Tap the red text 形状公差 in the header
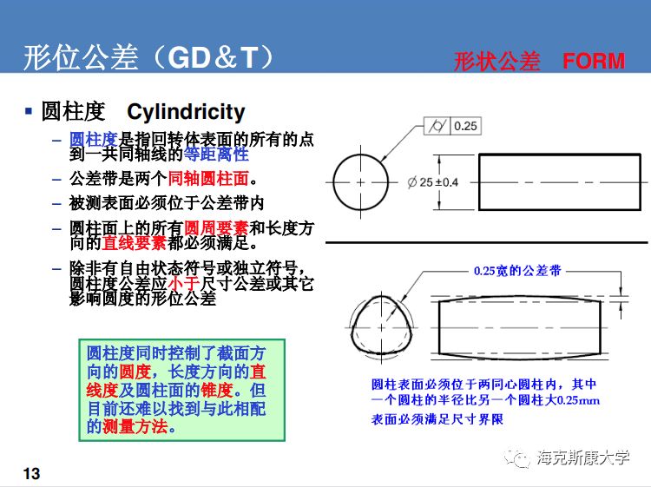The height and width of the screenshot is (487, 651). (496, 61)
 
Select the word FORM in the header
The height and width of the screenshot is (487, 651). (594, 61)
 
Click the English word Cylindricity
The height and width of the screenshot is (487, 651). (186, 112)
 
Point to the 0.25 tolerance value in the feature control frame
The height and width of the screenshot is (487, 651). (465, 126)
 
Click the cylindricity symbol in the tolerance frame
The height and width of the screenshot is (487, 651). (437, 126)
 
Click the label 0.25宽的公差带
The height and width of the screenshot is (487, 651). (517, 271)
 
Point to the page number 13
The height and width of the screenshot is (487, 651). (31, 473)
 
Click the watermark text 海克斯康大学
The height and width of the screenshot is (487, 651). (582, 458)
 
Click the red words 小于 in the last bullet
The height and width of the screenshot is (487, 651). (184, 284)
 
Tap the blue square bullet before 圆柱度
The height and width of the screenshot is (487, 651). (30, 111)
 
